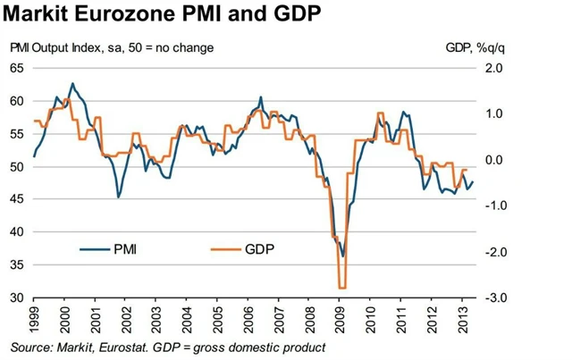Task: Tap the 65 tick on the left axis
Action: click(x=17, y=68)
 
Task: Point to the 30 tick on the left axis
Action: click(x=17, y=297)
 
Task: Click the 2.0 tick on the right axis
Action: click(x=495, y=68)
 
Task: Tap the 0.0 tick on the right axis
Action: click(x=495, y=160)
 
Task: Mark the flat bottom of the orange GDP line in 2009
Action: click(x=342, y=288)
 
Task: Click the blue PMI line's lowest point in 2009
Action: click(x=342, y=256)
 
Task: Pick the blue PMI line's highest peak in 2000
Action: click(x=72, y=84)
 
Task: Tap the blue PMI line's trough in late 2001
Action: click(x=118, y=197)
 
